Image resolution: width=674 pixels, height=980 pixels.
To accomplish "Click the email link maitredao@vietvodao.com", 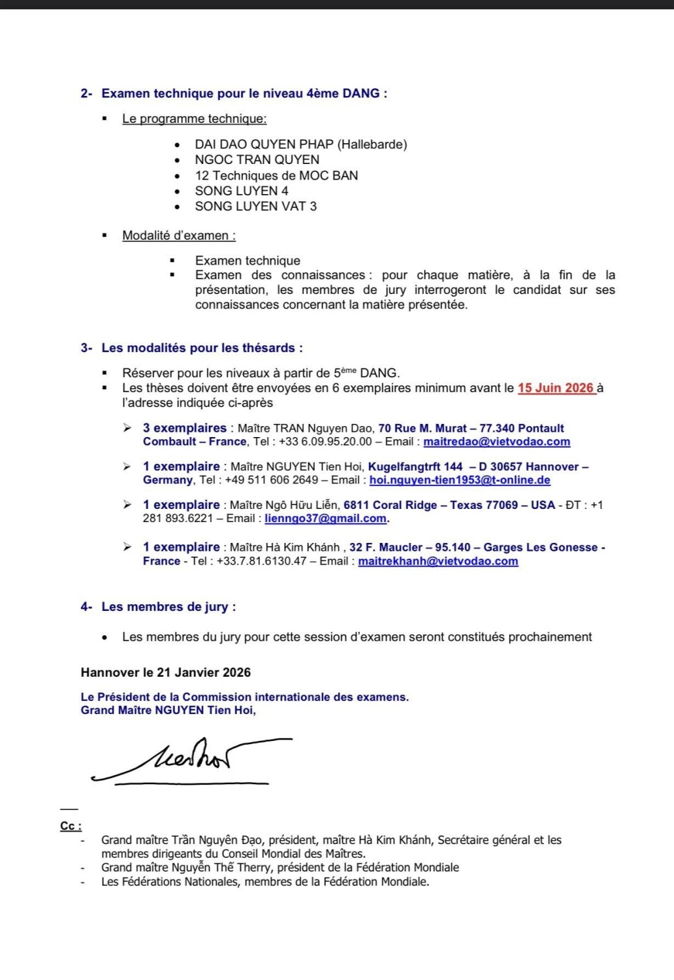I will tap(496, 442).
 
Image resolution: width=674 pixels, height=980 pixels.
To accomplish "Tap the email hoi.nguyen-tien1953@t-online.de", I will tap(460, 480).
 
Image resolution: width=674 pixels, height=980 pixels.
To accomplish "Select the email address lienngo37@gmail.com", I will tap(325, 519).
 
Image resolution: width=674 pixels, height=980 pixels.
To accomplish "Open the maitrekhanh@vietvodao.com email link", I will tap(438, 561).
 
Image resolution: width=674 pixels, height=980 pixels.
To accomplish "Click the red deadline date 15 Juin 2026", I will tap(556, 388).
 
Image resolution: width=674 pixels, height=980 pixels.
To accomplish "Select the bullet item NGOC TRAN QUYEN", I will tap(257, 160).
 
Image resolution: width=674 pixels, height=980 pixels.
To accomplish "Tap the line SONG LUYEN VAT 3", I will tap(255, 206).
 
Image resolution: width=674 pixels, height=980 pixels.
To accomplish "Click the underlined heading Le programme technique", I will tap(194, 119).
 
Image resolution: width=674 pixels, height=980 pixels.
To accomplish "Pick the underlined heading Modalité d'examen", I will tap(178, 236).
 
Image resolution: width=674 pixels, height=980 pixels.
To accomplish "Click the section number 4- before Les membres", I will tap(86, 607).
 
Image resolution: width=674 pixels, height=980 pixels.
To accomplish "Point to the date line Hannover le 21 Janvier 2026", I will tap(166, 673).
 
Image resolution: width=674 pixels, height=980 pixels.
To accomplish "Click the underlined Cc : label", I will tap(71, 826).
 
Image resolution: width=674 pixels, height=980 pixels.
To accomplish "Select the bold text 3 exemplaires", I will tap(184, 429).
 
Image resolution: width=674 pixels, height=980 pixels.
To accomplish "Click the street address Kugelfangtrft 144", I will tap(415, 467).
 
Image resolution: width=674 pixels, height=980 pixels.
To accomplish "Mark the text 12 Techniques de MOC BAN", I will tap(276, 176).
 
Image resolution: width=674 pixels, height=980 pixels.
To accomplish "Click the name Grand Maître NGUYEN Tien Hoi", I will tap(168, 710).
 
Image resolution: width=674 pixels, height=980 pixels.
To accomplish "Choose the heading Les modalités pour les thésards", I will tap(202, 348).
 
